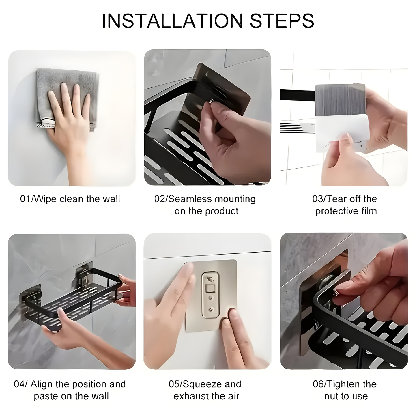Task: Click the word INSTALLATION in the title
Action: (x=173, y=21)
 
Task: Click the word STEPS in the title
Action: (x=282, y=21)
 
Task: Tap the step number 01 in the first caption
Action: (x=25, y=199)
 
